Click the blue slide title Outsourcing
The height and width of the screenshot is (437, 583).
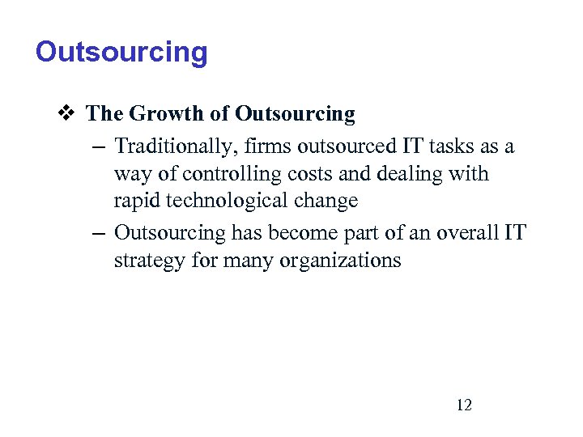pyautogui.click(x=121, y=53)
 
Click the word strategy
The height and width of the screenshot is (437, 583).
pyautogui.click(x=146, y=261)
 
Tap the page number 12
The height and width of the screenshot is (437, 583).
pyautogui.click(x=464, y=405)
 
